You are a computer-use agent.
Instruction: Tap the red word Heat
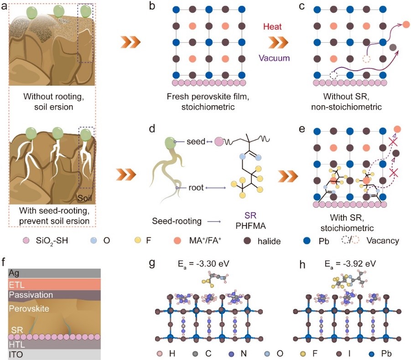[276, 27]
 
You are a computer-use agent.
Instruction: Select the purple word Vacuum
[276, 58]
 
